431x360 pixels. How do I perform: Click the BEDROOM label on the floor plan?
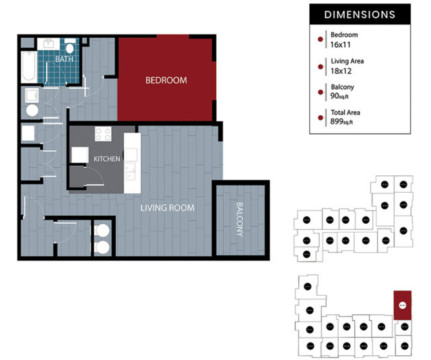(x=166, y=80)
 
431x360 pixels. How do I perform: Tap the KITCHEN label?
(x=107, y=159)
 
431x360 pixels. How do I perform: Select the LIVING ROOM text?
(x=167, y=208)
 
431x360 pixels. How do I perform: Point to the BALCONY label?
(x=239, y=220)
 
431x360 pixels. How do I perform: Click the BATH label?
(x=65, y=59)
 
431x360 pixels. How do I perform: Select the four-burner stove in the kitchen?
(x=103, y=134)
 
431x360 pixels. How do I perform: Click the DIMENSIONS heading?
(x=359, y=14)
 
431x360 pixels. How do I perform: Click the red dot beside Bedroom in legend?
(x=320, y=39)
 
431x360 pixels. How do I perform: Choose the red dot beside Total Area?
(x=320, y=117)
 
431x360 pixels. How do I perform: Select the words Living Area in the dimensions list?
(x=348, y=61)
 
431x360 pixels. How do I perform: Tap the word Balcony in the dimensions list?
(x=342, y=87)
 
